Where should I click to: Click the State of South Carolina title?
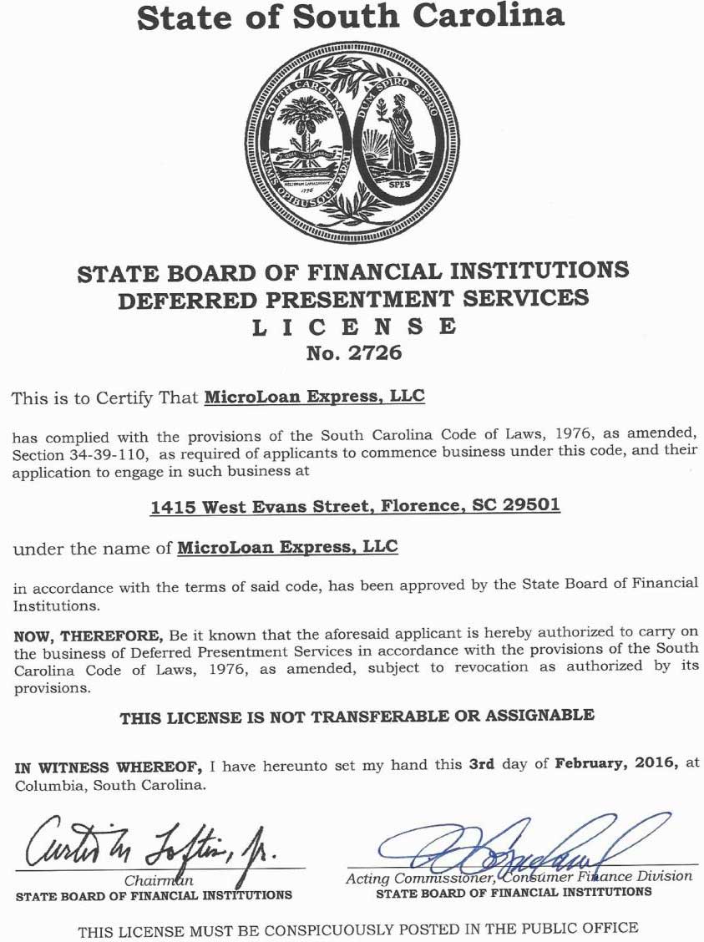click(x=351, y=18)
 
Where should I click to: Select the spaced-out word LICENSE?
click(x=354, y=327)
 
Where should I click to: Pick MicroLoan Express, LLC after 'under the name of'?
click(x=287, y=547)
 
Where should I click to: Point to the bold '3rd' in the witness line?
click(x=482, y=762)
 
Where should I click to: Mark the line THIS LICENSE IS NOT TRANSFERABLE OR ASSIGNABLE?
click(x=357, y=716)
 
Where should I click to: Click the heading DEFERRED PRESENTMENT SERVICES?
click(x=353, y=298)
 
